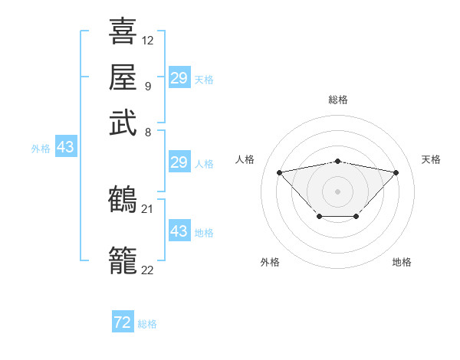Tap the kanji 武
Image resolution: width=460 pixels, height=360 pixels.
pyautogui.click(x=123, y=123)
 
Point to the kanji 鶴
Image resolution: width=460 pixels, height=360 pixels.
pyautogui.click(x=123, y=200)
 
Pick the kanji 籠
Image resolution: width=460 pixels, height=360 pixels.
pyautogui.click(x=123, y=260)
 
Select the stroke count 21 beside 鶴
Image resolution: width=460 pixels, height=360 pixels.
pyautogui.click(x=148, y=208)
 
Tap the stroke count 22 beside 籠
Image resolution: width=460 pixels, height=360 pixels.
pyautogui.click(x=148, y=269)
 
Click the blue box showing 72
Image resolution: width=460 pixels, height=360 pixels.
pyautogui.click(x=123, y=322)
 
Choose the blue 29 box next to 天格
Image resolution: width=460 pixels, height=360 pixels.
pyautogui.click(x=179, y=78)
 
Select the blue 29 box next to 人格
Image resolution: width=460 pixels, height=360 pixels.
pyautogui.click(x=179, y=162)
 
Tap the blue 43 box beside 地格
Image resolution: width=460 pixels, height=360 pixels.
pyautogui.click(x=179, y=231)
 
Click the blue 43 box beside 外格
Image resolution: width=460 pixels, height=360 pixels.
pyautogui.click(x=65, y=147)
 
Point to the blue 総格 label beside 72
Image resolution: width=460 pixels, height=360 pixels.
pyautogui.click(x=147, y=324)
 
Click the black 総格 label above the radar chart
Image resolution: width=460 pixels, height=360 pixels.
pyautogui.click(x=338, y=100)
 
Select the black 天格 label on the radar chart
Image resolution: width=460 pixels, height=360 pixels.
pyautogui.click(x=431, y=159)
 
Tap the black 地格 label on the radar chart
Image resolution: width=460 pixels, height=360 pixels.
pyautogui.click(x=402, y=262)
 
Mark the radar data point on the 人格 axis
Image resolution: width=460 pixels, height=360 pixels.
pyautogui.click(x=279, y=172)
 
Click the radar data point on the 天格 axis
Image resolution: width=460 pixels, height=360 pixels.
pyautogui.click(x=396, y=172)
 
